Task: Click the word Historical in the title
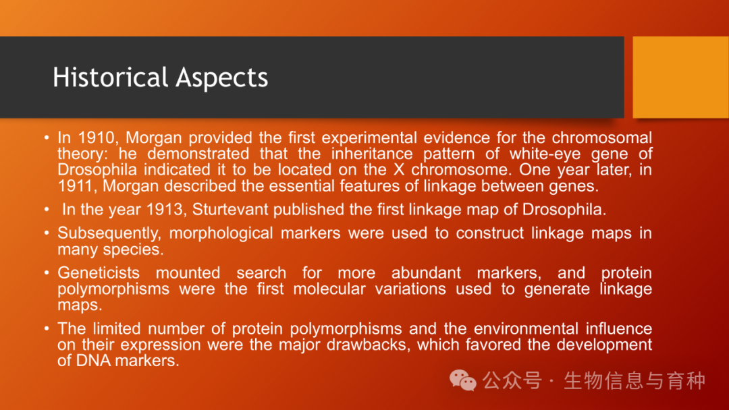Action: click(x=110, y=77)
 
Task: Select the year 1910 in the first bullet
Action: click(x=97, y=138)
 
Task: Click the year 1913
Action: click(x=164, y=210)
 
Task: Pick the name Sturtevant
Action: click(x=231, y=210)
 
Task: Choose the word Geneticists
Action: click(x=99, y=272)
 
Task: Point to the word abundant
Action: click(x=426, y=272)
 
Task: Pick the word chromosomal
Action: click(x=601, y=138)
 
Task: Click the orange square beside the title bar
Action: click(x=680, y=77)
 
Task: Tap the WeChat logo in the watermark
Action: click(x=462, y=381)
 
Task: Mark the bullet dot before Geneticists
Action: click(x=47, y=272)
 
